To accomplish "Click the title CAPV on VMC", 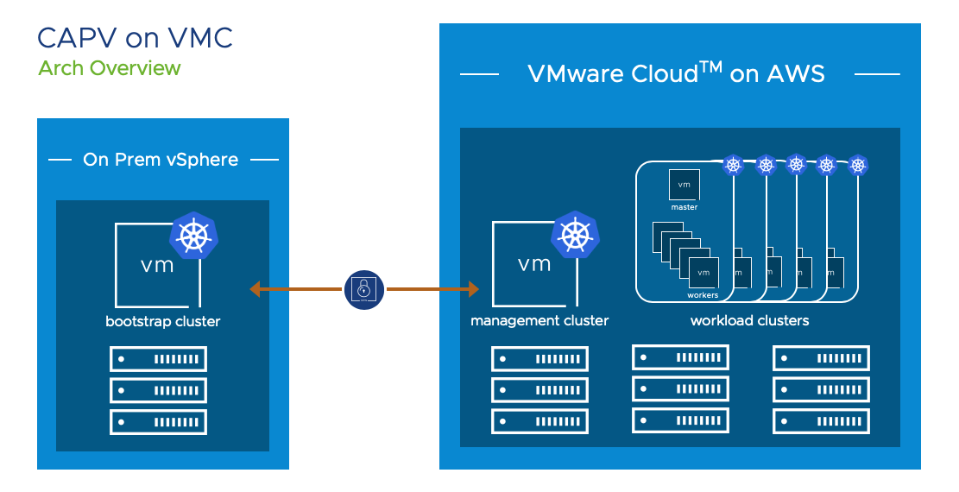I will [135, 39].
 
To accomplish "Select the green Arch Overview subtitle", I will [110, 68].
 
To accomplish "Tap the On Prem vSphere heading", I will [161, 160].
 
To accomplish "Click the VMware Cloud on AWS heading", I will [676, 74].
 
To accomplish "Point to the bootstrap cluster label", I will [162, 322].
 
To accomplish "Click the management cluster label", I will [539, 321].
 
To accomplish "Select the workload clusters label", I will [749, 321].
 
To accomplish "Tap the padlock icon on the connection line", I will [364, 290].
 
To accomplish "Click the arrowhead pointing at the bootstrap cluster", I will [255, 289].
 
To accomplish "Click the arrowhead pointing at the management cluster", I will [473, 289].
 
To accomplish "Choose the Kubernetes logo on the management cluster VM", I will [574, 235].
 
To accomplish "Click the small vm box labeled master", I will [685, 185].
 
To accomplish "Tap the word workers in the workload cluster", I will [703, 295].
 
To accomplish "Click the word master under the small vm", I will [685, 207].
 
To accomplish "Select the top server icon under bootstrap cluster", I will [158, 358].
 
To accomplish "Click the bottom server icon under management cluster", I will [539, 421].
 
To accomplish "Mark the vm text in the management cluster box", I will [534, 264].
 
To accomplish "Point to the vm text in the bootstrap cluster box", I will [157, 264].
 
